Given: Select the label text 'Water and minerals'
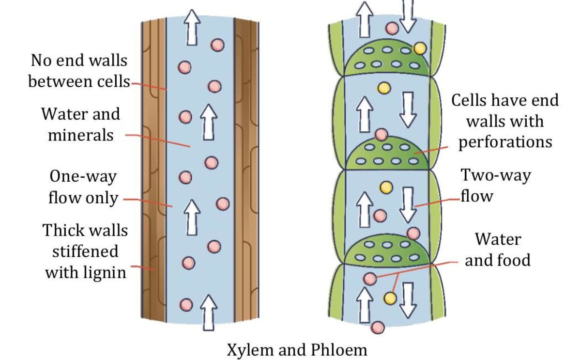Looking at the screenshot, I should pyautogui.click(x=80, y=125).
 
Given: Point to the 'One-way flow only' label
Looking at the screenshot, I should pyautogui.click(x=83, y=188).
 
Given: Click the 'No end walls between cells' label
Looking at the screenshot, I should pyautogui.click(x=77, y=71).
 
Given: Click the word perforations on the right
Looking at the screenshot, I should pyautogui.click(x=505, y=142).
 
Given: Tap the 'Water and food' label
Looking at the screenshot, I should pyautogui.click(x=498, y=250).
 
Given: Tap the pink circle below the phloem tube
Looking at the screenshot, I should pyautogui.click(x=378, y=328).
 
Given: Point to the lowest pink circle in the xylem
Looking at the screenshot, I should pyautogui.click(x=185, y=305).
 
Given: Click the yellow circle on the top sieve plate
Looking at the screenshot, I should pyautogui.click(x=419, y=48).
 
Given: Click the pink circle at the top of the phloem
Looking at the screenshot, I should pyautogui.click(x=393, y=28).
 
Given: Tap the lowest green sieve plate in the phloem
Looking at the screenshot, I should pyautogui.click(x=387, y=251).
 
